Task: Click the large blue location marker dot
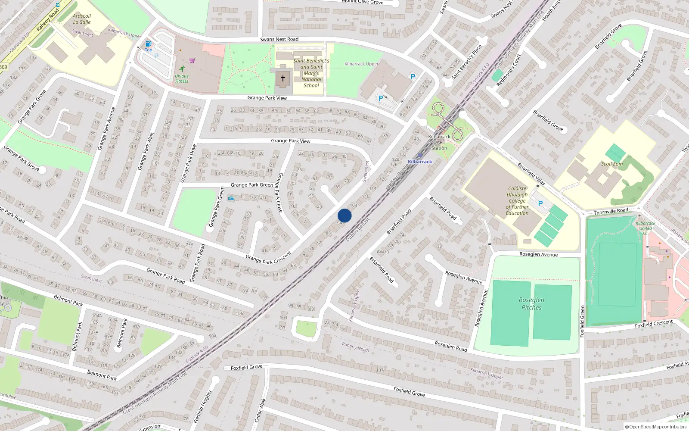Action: (x=344, y=215)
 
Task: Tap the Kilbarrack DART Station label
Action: (x=439, y=142)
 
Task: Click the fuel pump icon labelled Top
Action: (x=148, y=44)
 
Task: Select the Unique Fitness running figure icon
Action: (x=182, y=69)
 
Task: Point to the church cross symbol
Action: (x=283, y=78)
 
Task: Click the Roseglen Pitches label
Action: (x=531, y=303)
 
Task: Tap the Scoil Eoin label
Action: (x=612, y=164)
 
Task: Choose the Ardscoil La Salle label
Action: (x=82, y=19)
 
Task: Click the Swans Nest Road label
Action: (x=279, y=39)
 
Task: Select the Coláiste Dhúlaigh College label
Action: (x=517, y=200)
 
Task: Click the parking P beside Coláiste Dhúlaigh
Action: (x=540, y=203)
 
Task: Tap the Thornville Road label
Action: (x=611, y=211)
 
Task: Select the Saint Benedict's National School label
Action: (x=311, y=73)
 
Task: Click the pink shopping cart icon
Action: (x=192, y=60)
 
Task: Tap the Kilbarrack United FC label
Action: (x=645, y=228)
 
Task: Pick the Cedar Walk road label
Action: (x=260, y=410)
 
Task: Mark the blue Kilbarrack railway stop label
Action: (x=420, y=162)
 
